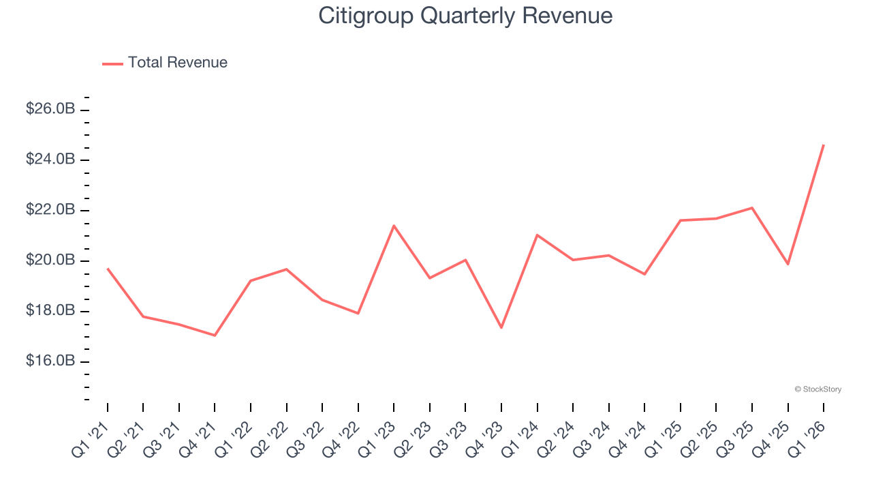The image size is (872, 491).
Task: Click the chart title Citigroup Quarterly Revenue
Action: (465, 16)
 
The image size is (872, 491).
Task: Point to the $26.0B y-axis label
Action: (50, 109)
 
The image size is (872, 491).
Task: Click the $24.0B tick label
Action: (50, 160)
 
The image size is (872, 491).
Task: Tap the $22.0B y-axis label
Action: (50, 210)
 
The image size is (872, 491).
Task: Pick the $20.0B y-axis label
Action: (50, 261)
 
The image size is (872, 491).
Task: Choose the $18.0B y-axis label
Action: (50, 311)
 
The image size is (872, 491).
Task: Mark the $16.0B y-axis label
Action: (50, 361)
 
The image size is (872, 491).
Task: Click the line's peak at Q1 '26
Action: (824, 145)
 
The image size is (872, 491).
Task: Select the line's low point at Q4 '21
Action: (215, 336)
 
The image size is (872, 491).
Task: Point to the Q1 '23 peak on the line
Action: (394, 226)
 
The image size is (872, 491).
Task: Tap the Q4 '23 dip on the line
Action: (501, 328)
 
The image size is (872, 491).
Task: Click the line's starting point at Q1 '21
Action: (108, 269)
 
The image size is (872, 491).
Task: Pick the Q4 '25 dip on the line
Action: (788, 264)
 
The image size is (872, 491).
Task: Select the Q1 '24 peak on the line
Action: (538, 235)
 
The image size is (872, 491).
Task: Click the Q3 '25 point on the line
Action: (752, 208)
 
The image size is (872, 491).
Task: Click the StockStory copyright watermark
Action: (817, 389)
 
